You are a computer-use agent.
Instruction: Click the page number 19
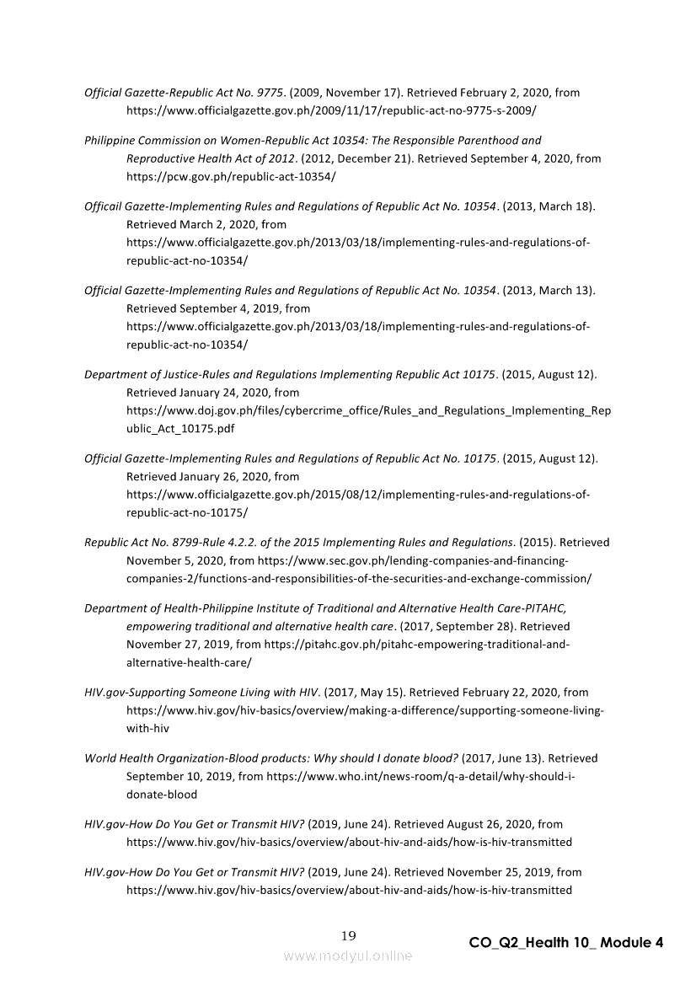click(x=349, y=936)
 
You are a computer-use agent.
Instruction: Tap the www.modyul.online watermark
click(x=348, y=956)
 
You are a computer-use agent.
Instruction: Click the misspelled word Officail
click(x=103, y=206)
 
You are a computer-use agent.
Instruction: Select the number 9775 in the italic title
click(x=268, y=93)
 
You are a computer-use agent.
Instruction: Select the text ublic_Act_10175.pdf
click(x=180, y=428)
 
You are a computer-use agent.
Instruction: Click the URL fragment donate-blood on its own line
click(x=162, y=795)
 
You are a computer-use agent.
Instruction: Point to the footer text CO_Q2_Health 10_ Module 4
click(x=566, y=943)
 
